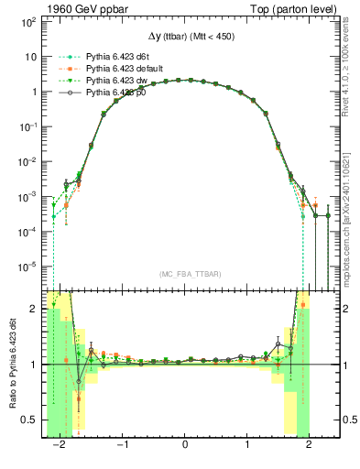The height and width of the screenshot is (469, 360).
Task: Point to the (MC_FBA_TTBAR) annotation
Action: (x=186, y=274)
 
